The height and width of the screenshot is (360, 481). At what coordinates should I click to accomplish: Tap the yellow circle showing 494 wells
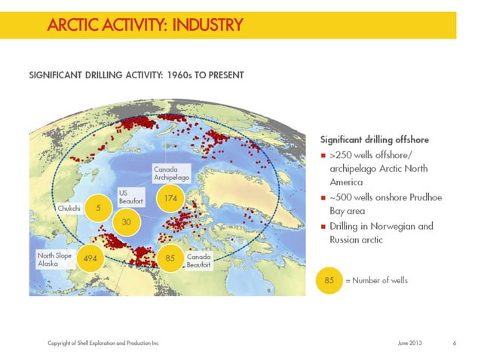[90, 259]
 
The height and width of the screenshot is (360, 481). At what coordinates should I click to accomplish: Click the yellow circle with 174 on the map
[170, 199]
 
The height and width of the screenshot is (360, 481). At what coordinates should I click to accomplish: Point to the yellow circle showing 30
[127, 223]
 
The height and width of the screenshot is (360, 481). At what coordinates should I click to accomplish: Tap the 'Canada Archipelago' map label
[170, 173]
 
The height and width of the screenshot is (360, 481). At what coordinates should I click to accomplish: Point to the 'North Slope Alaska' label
[55, 260]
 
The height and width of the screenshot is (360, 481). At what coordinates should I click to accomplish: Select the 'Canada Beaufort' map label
[199, 260]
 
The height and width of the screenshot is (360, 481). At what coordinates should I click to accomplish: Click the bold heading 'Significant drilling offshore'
[375, 139]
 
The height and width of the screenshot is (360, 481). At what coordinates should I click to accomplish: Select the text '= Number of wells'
[376, 281]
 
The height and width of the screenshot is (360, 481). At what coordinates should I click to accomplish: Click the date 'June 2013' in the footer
[410, 343]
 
